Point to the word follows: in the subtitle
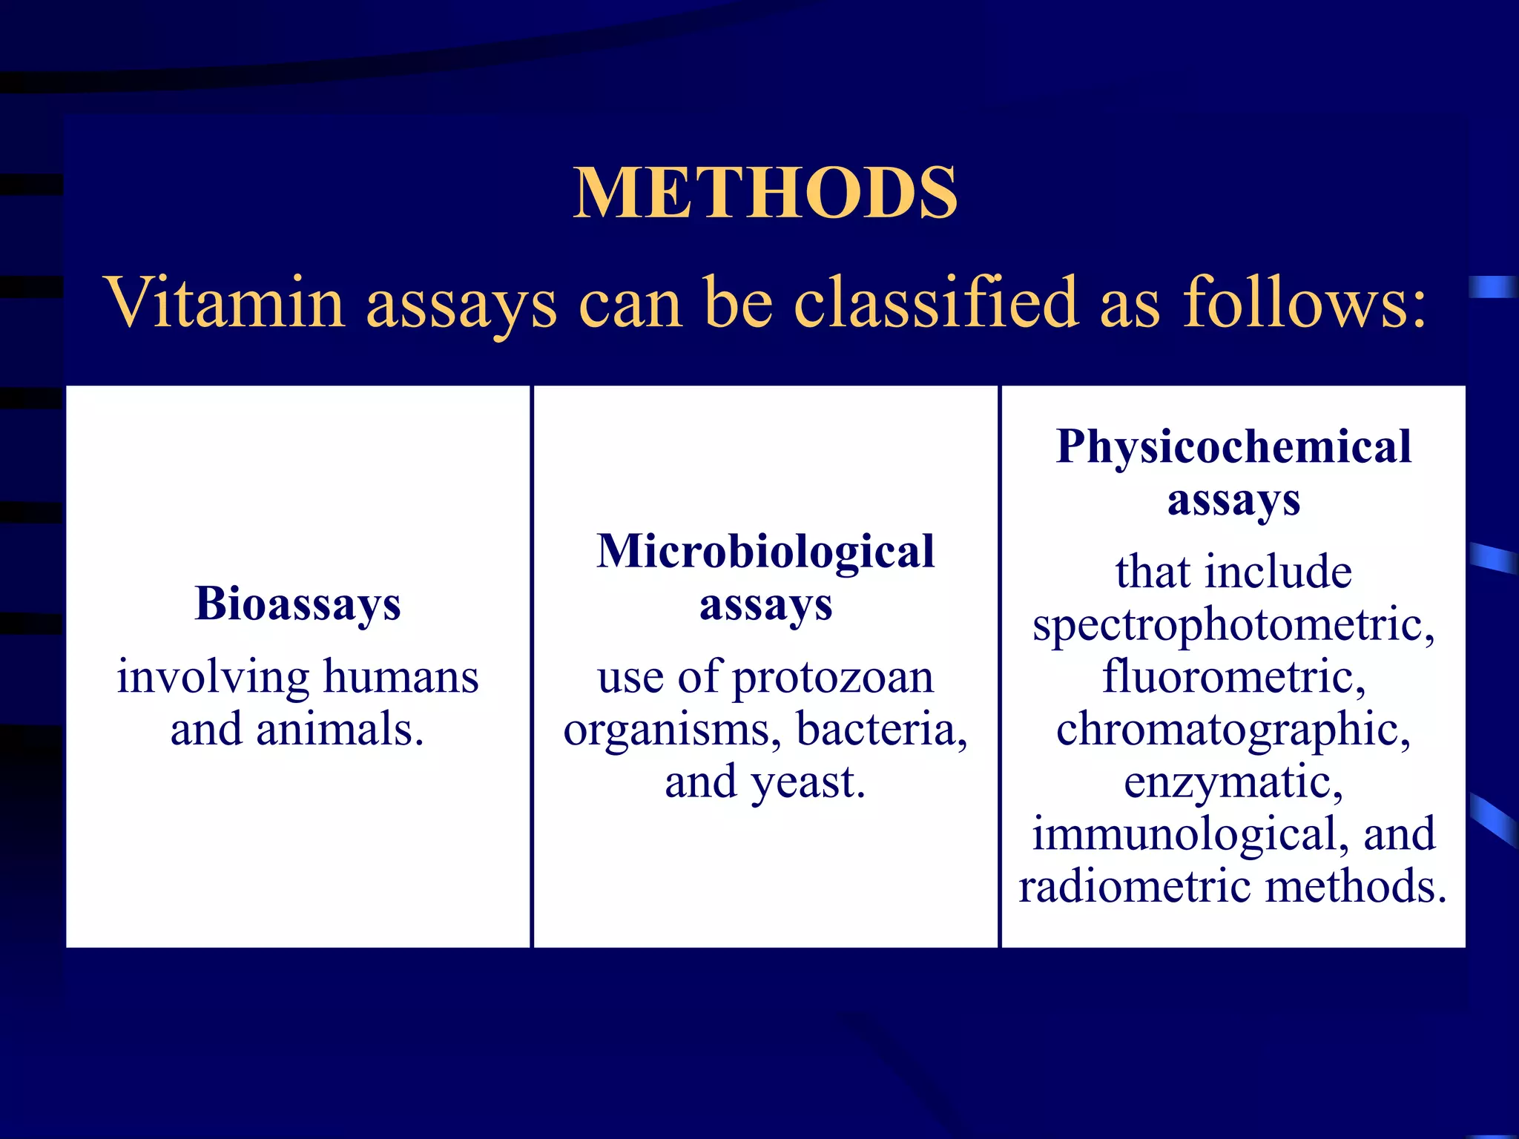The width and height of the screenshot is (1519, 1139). coord(1304,303)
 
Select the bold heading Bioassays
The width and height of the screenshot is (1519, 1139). coord(297,604)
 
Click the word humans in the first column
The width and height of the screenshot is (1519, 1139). coord(401,677)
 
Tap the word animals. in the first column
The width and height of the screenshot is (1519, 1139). coord(340,730)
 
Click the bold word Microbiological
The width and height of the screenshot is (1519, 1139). coord(765,552)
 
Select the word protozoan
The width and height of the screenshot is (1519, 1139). coord(833,679)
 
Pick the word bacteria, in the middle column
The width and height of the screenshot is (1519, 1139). coord(882,730)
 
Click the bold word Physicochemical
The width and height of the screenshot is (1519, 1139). coord(1233,447)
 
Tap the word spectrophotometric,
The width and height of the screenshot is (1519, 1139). coord(1233,625)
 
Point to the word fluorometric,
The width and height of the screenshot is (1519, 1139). coord(1233,677)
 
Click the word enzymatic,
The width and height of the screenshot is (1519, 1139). coord(1233,783)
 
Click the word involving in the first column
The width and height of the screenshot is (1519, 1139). coord(213,679)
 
